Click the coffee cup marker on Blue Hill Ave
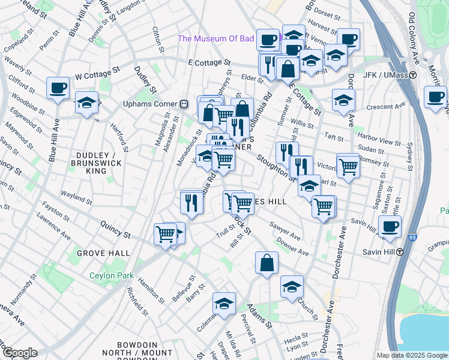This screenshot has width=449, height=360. pos(58,89)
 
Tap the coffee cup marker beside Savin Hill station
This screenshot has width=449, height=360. pos(390,227)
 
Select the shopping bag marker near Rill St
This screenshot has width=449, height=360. pos(267,263)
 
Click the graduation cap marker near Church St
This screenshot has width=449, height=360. pos(292,287)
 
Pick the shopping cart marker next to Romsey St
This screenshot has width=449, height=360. pos(348,166)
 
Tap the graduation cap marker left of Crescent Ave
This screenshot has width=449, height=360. pos(343,100)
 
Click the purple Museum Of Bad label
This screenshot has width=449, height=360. pos(217,40)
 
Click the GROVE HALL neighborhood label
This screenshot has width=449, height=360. pos(103,254)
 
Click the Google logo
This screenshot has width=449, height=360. pos(19,353)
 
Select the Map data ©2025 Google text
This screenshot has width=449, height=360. pos(411,355)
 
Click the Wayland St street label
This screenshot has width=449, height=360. pos(76,195)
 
